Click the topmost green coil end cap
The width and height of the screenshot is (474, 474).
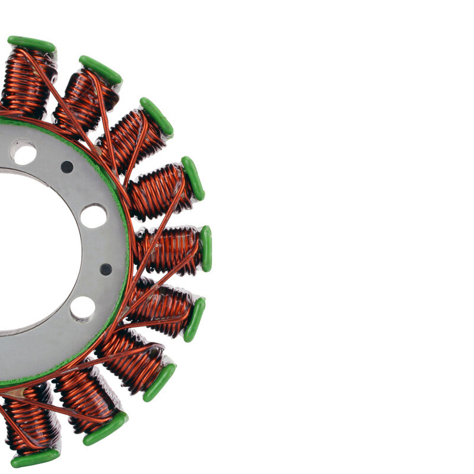pyautogui.click(x=31, y=44)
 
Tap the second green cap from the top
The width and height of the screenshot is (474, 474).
pyautogui.click(x=100, y=69)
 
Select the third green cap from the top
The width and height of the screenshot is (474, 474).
pyautogui.click(x=156, y=116)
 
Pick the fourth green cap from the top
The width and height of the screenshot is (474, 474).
pyautogui.click(x=193, y=178)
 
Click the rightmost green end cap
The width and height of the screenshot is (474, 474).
pyautogui.click(x=206, y=248)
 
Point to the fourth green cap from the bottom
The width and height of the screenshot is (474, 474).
pyautogui.click(x=194, y=319)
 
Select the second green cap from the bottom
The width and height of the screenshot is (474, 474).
pyautogui.click(x=105, y=428)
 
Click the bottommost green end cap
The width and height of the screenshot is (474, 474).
pyautogui.click(x=35, y=458)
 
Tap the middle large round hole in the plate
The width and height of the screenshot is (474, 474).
pyautogui.click(x=94, y=216)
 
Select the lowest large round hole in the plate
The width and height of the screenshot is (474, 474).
pyautogui.click(x=82, y=308)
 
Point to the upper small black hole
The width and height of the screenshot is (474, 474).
pyautogui.click(x=67, y=167)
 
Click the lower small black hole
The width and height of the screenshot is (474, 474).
pyautogui.click(x=106, y=269)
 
